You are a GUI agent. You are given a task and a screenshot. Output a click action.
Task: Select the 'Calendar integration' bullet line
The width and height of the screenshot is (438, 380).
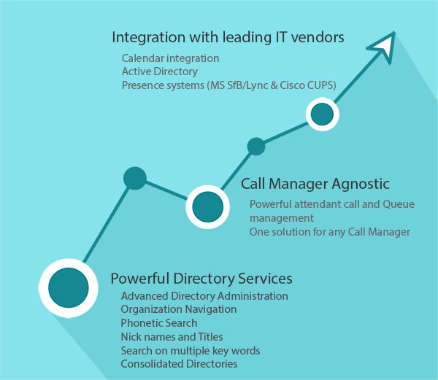[170, 58]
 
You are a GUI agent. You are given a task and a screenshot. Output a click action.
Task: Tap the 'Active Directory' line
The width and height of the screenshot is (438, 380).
[159, 71]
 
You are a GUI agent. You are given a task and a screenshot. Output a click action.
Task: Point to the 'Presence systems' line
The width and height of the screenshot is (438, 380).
[228, 85]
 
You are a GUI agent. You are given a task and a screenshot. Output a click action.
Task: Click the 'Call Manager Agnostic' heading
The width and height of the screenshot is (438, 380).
[315, 184]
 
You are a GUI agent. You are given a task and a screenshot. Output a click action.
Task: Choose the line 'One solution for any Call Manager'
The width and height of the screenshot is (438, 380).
[329, 232]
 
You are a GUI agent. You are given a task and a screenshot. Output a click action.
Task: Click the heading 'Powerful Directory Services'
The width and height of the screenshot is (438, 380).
[201, 279]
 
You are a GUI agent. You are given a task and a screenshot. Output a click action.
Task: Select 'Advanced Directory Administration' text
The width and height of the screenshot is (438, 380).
[204, 296]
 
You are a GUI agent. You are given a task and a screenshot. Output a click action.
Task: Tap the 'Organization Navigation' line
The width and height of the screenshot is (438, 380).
[179, 309]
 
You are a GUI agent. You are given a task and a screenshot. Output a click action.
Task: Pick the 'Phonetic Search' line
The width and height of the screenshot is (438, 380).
[159, 323]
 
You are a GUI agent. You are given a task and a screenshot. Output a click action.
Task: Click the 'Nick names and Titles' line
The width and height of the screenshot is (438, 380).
[172, 337]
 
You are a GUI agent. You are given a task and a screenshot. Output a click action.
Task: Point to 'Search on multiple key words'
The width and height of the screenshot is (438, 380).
[190, 350]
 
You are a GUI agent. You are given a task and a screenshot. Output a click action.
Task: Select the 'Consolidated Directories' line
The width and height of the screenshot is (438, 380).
[179, 364]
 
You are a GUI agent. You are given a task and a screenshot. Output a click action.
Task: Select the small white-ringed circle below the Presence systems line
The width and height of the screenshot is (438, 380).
[322, 114]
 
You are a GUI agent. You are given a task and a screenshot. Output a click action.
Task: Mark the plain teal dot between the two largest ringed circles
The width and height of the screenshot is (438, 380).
[134, 178]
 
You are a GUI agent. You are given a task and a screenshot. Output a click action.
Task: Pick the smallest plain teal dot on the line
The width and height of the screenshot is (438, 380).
[255, 146]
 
